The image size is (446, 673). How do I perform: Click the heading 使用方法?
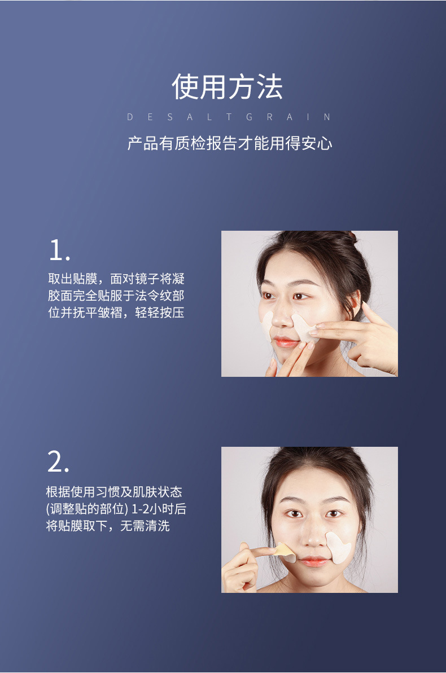(227, 87)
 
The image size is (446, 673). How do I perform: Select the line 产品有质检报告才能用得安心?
(229, 143)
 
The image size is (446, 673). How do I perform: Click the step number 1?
(59, 250)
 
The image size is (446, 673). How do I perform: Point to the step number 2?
(58, 462)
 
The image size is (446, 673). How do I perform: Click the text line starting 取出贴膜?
(116, 279)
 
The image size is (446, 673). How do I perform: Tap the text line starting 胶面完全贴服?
(116, 296)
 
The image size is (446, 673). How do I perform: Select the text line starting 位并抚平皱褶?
(116, 313)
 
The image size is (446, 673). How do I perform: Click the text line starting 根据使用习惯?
(114, 492)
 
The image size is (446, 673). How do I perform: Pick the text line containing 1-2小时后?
(116, 509)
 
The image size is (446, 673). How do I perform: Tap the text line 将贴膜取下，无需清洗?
(108, 526)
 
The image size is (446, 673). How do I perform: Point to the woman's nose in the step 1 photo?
(281, 318)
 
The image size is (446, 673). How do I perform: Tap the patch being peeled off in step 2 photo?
(285, 552)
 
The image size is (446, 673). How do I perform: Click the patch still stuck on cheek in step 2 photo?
(339, 547)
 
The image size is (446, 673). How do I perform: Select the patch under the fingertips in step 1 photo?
(304, 328)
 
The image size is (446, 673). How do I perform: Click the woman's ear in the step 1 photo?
(355, 304)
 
